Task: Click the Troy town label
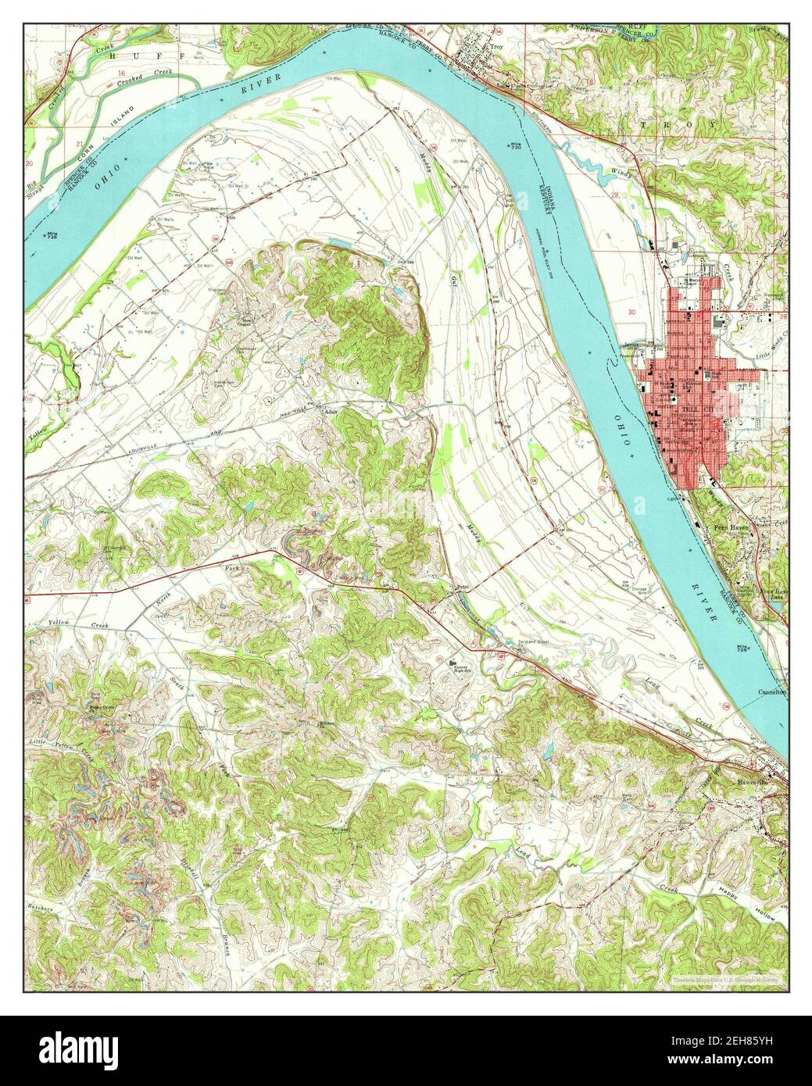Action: [495, 47]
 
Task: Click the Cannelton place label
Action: [774, 691]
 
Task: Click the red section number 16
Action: [121, 71]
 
